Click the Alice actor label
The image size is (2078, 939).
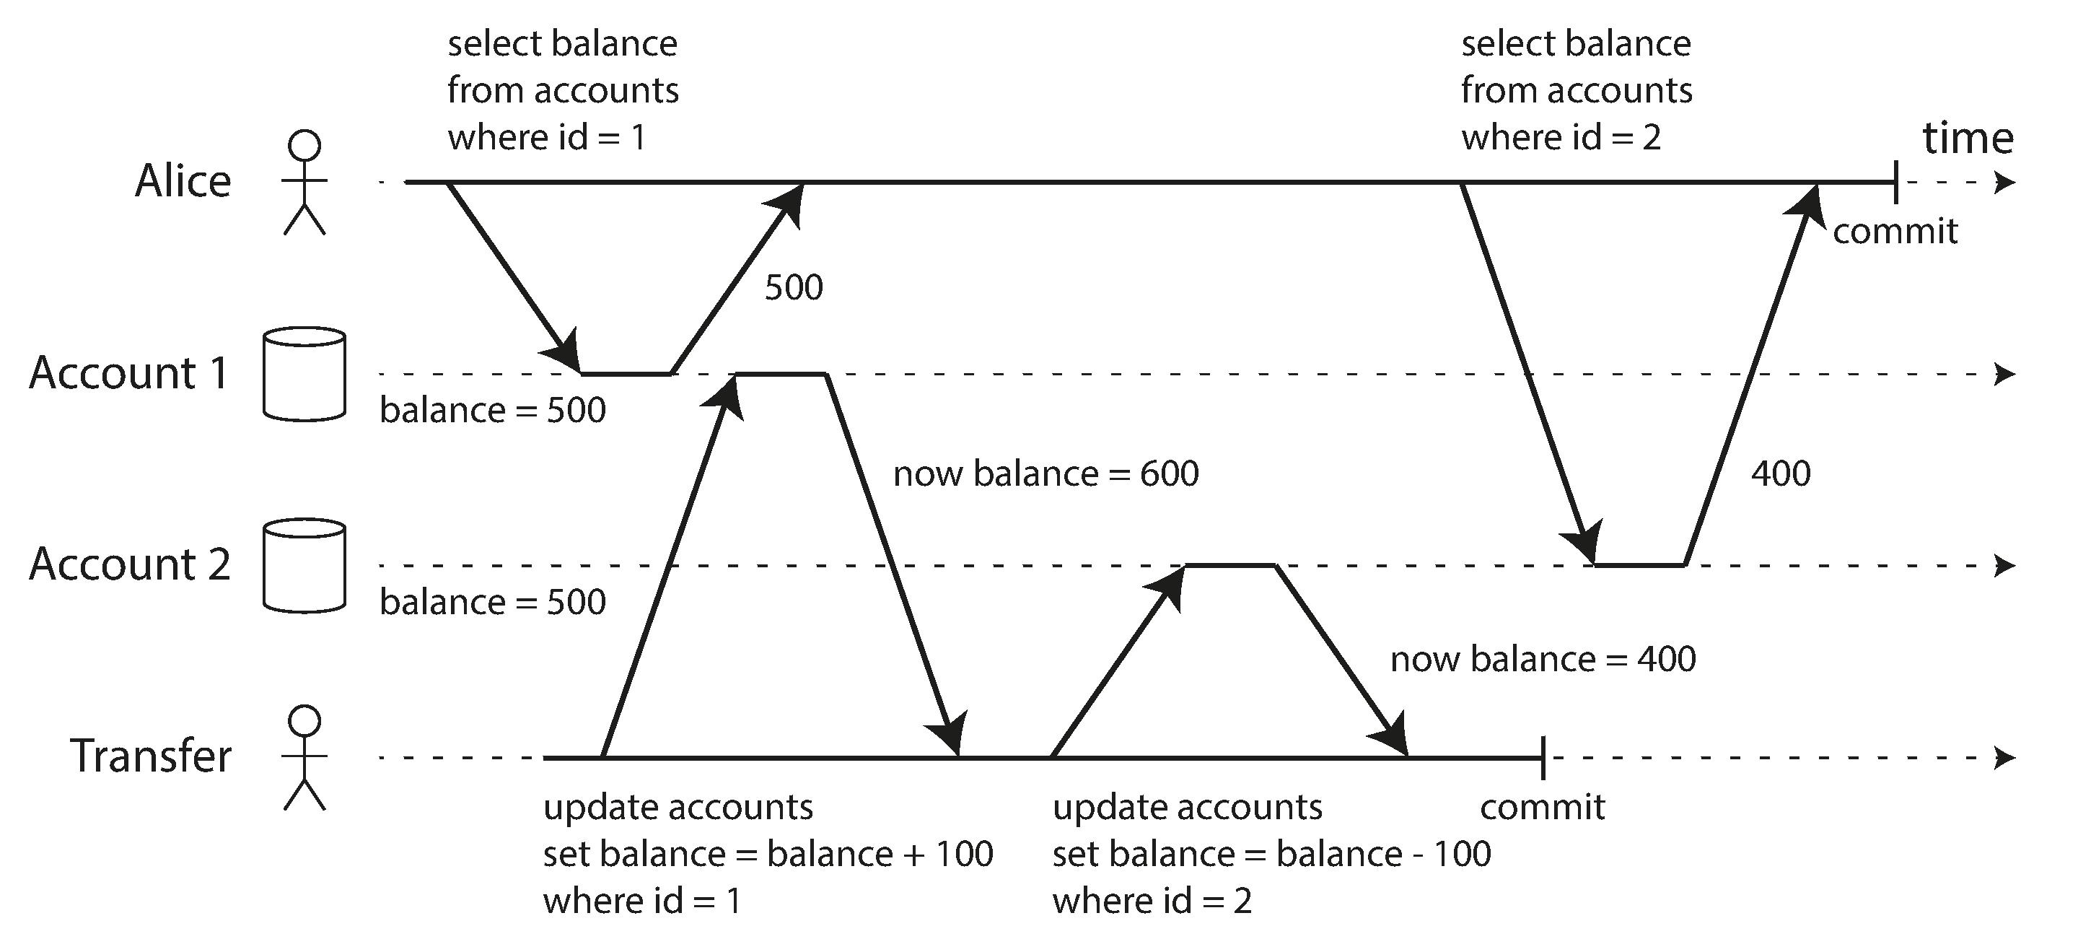(x=183, y=180)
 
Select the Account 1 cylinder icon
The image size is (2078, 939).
(x=304, y=373)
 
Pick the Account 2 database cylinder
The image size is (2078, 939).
(x=304, y=566)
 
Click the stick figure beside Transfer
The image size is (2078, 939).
(x=304, y=758)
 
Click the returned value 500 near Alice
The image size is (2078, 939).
(x=794, y=288)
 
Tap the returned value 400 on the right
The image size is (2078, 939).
(x=1780, y=473)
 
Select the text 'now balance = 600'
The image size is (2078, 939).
(x=1045, y=473)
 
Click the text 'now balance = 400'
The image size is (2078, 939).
(x=1543, y=660)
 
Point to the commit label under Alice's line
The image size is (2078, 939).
(x=1895, y=232)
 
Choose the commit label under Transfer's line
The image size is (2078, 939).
(x=1543, y=808)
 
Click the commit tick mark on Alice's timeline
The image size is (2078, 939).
(x=1895, y=183)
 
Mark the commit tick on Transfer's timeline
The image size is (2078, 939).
(x=1543, y=758)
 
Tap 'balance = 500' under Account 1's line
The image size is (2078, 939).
(x=492, y=411)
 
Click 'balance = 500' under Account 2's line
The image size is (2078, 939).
(x=492, y=603)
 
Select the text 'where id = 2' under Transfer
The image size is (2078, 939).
(x=1152, y=901)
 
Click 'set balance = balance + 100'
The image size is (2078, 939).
(x=768, y=855)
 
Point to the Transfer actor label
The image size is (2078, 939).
(x=151, y=756)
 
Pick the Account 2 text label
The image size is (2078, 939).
(x=130, y=564)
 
